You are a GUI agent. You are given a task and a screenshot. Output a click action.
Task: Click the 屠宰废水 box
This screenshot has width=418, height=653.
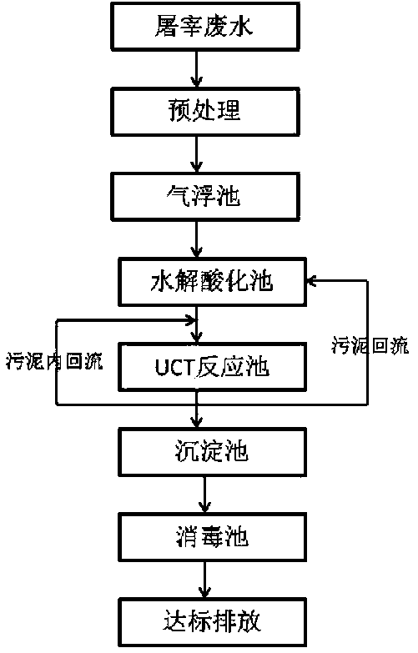pyautogui.click(x=205, y=27)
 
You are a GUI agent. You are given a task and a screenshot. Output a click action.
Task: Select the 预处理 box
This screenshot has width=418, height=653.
pyautogui.click(x=205, y=112)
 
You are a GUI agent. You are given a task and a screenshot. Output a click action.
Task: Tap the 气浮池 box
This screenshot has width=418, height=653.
pyautogui.click(x=205, y=197)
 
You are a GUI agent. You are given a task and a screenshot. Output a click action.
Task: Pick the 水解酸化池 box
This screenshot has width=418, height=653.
pyautogui.click(x=213, y=282)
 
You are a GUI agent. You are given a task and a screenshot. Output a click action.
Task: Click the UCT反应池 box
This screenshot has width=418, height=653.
pyautogui.click(x=213, y=367)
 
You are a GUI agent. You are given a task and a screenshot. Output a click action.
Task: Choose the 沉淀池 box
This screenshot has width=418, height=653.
pyautogui.click(x=213, y=452)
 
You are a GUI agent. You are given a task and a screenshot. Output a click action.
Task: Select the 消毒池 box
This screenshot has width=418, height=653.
pyautogui.click(x=213, y=537)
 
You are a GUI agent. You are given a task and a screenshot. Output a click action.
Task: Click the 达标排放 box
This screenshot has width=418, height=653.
pyautogui.click(x=213, y=622)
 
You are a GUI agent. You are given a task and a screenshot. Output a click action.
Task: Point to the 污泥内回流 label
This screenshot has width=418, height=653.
pyautogui.click(x=54, y=360)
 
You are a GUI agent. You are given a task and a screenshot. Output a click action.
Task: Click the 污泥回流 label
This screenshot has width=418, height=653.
pyautogui.click(x=370, y=345)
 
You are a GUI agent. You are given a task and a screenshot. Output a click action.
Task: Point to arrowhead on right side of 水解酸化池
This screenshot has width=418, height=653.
pyautogui.click(x=312, y=281)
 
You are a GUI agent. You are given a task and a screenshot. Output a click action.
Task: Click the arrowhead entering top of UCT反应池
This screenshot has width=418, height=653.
pyautogui.click(x=197, y=337)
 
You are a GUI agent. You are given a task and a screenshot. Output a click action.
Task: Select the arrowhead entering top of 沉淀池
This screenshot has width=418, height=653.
pyautogui.click(x=197, y=422)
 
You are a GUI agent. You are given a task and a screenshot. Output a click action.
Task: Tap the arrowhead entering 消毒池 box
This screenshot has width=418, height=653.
pyautogui.click(x=204, y=507)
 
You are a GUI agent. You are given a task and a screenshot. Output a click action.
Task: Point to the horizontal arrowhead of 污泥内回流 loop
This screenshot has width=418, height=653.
pyautogui.click(x=191, y=320)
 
